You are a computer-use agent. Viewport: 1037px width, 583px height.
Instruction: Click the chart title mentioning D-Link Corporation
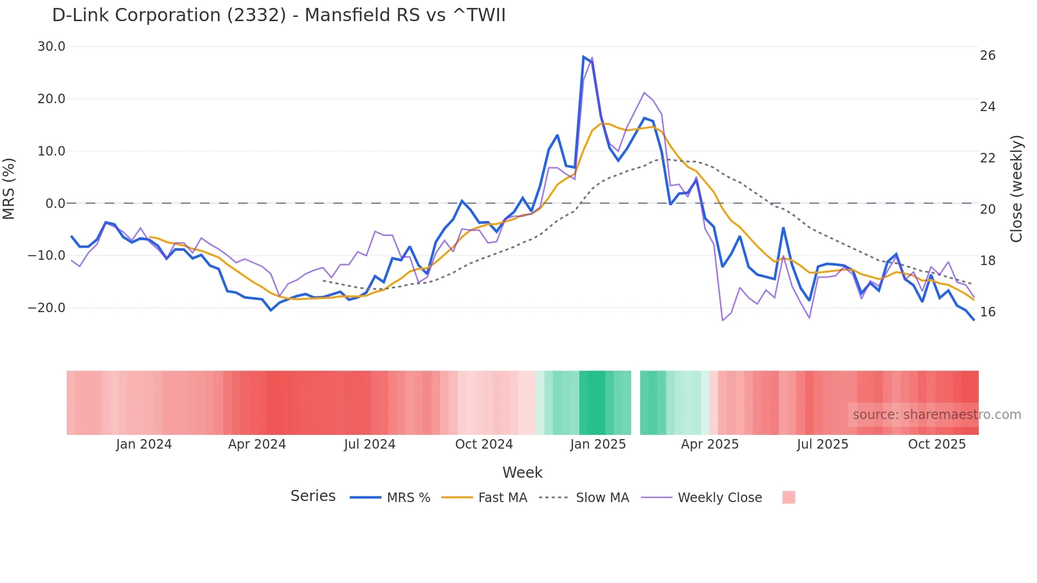coord(279,15)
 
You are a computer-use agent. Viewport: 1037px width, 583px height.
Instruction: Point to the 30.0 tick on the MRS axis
coord(51,47)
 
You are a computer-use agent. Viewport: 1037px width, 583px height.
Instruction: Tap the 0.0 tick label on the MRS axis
coord(55,203)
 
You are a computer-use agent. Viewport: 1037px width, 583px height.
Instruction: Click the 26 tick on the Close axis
coord(987,56)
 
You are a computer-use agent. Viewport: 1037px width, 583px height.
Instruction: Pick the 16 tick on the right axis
coord(987,312)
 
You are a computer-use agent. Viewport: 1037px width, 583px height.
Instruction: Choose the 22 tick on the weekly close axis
coord(987,158)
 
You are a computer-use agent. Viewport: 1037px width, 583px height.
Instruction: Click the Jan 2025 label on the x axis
coord(598,444)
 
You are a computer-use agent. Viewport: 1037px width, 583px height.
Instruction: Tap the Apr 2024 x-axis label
coord(257,444)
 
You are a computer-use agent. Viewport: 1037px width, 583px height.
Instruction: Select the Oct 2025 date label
coord(936,444)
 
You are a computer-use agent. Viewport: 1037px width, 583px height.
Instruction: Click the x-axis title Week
coord(522,472)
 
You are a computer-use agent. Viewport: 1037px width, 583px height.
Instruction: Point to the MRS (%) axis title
coord(9,188)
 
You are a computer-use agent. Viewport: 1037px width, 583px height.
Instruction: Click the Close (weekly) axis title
coord(1016,188)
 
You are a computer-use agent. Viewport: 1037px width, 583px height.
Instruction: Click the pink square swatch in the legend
coord(788,497)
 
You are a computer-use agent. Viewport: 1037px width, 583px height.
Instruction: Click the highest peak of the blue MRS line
coord(583,57)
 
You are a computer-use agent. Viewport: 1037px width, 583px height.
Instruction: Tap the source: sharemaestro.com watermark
coord(936,415)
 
